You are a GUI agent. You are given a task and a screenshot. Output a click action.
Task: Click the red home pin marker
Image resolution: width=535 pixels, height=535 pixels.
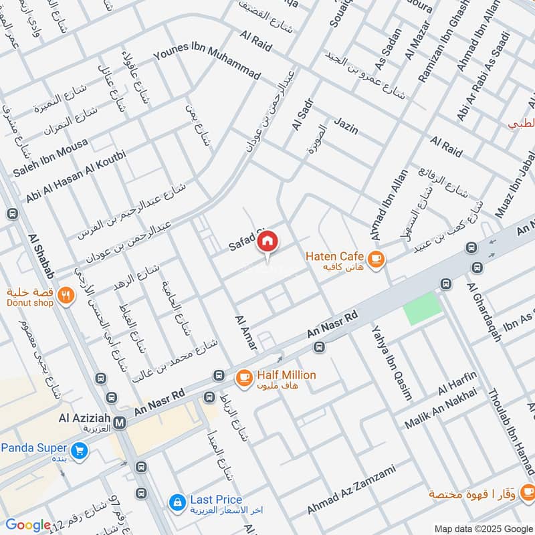(x=267, y=241)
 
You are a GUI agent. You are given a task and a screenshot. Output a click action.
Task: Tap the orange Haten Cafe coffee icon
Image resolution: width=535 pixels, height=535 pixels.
(x=376, y=257)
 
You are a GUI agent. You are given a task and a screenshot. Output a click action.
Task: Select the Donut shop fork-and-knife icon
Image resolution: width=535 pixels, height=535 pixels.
(x=65, y=295)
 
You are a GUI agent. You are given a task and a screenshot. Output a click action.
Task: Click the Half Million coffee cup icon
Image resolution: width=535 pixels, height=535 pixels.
(x=243, y=379)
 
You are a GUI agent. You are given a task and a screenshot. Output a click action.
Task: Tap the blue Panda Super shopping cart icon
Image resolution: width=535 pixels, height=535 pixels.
(x=80, y=451)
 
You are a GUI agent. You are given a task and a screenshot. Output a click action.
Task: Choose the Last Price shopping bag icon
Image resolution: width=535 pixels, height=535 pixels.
(x=177, y=502)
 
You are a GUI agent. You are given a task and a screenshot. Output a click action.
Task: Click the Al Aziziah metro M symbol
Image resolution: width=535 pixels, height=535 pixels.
(x=120, y=422)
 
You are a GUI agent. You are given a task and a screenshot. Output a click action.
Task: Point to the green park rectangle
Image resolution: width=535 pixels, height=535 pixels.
(x=423, y=308)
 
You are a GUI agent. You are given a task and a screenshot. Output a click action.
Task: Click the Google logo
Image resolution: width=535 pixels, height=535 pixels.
(x=27, y=525)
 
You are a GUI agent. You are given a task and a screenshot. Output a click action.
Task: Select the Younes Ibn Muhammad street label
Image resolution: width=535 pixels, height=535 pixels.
(x=207, y=63)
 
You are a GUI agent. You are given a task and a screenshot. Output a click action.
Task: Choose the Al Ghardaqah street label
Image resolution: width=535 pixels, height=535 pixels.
(x=486, y=312)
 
